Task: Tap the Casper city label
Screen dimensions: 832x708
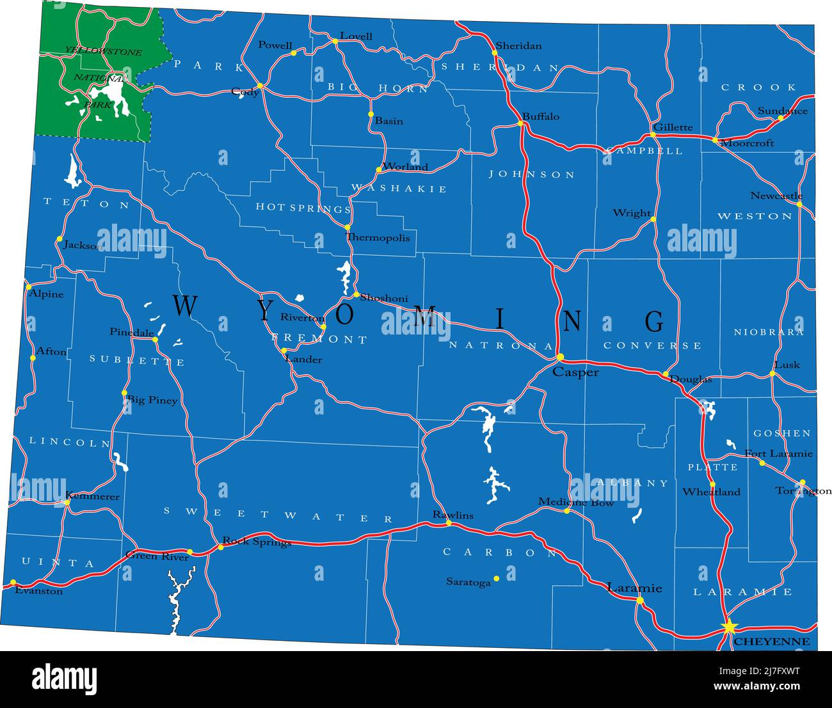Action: click(575, 372)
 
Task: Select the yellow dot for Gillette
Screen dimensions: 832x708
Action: click(653, 135)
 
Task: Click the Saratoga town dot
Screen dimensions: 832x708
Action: click(496, 578)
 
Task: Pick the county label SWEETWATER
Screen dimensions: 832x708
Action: click(278, 515)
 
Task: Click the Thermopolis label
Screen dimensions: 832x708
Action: click(378, 238)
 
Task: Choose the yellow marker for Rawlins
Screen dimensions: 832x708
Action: click(448, 523)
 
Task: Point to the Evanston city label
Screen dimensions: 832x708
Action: click(38, 592)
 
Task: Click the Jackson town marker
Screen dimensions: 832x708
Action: click(60, 239)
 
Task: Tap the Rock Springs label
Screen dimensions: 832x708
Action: click(256, 542)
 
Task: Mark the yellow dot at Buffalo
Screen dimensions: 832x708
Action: click(522, 123)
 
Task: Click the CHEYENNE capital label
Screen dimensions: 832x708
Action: click(771, 641)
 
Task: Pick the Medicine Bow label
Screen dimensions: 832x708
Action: click(576, 503)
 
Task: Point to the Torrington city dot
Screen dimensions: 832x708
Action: click(803, 483)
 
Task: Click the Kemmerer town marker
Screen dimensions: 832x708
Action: click(67, 503)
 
